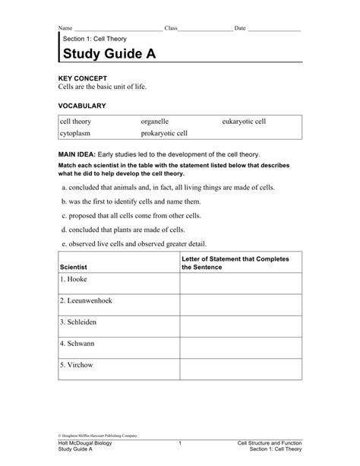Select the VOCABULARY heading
point(82,105)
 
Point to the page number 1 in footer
point(180,442)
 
